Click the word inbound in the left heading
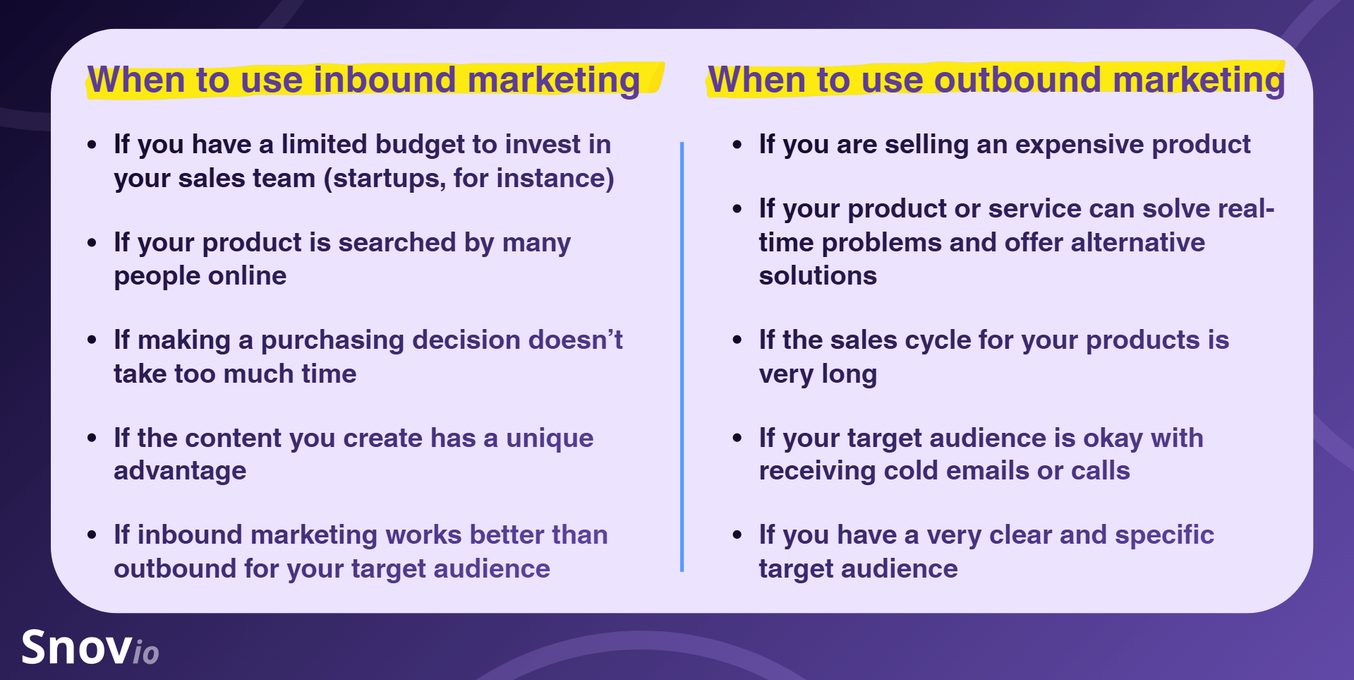click(x=385, y=79)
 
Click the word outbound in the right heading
click(x=1017, y=79)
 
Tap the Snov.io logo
click(x=90, y=648)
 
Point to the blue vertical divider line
click(x=682, y=357)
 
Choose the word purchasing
click(x=333, y=340)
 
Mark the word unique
click(x=550, y=439)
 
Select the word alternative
click(x=1137, y=242)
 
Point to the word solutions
click(x=818, y=276)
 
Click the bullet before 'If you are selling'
click(x=737, y=145)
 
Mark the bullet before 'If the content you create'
click(x=92, y=439)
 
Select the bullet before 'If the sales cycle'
click(x=737, y=340)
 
